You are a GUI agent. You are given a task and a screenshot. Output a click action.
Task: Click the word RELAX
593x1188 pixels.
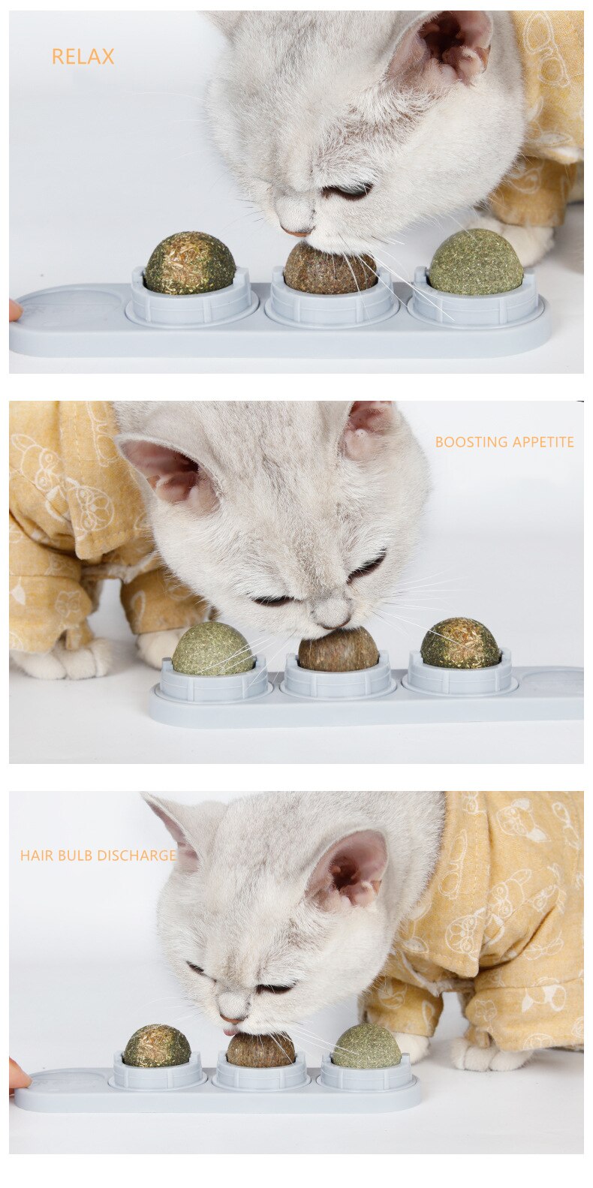click(83, 57)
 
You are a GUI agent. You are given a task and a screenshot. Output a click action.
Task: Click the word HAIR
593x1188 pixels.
click(35, 856)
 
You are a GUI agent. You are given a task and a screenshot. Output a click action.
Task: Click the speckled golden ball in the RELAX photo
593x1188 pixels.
click(190, 263)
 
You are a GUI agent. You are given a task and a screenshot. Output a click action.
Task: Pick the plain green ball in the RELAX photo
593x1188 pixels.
click(476, 263)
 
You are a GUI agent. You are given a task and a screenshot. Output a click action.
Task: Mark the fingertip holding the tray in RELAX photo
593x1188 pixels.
click(15, 310)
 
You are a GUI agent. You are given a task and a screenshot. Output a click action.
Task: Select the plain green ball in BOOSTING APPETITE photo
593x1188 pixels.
click(213, 649)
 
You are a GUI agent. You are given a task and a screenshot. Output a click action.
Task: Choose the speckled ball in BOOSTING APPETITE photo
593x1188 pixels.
click(459, 644)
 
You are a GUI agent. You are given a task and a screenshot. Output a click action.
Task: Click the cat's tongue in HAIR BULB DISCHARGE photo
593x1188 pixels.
click(230, 1031)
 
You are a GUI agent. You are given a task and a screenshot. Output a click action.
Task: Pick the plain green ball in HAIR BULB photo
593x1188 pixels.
click(367, 1047)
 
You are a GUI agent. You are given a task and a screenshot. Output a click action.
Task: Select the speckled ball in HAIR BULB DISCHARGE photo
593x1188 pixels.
click(157, 1047)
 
